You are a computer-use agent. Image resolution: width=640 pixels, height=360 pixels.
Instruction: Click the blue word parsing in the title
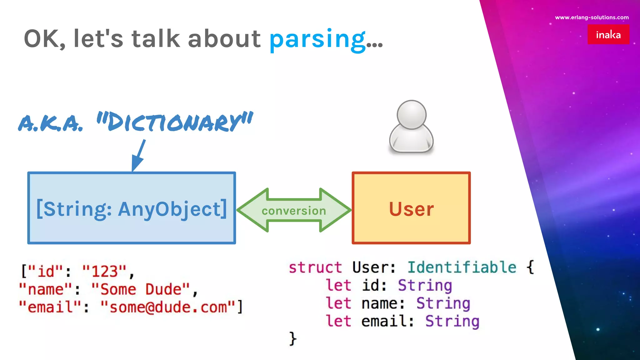[x=317, y=39]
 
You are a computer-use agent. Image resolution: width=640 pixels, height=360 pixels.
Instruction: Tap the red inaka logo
[x=608, y=34]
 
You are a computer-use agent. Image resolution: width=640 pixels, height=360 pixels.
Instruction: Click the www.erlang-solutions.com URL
[x=592, y=17]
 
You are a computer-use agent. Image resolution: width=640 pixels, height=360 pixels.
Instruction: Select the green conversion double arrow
[x=294, y=210]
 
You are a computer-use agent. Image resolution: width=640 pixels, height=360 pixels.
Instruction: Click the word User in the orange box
[x=411, y=209]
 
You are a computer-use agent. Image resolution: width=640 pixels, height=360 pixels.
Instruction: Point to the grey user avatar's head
[x=411, y=114]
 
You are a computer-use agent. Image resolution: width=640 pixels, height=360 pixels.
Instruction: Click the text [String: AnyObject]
[x=132, y=209]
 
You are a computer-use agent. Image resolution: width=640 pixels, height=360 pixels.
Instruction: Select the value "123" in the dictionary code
[x=104, y=271]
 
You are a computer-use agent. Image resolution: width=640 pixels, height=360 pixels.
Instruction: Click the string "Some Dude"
[x=141, y=289]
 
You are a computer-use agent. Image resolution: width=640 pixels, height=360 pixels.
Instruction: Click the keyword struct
[x=315, y=267]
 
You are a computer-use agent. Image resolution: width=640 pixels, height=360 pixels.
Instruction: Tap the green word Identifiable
[x=462, y=267]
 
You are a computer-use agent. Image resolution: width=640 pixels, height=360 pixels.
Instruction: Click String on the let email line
[x=452, y=321]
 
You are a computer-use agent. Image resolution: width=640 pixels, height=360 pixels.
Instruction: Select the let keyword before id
[x=338, y=285]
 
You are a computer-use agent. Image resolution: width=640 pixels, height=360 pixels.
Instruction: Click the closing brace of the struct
[x=292, y=339]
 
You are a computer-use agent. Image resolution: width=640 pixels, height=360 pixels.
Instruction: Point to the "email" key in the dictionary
[x=50, y=307]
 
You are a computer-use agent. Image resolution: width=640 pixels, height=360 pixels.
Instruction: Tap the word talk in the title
[x=156, y=39]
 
